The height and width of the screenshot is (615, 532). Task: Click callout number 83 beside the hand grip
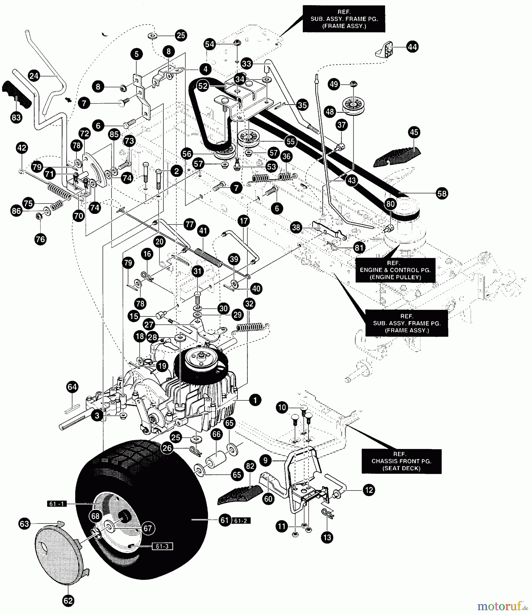pyautogui.click(x=16, y=118)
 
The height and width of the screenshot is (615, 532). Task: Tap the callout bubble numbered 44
pyautogui.click(x=412, y=47)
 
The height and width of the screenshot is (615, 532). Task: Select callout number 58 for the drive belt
pyautogui.click(x=442, y=193)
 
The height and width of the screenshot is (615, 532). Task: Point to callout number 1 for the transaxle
pyautogui.click(x=255, y=400)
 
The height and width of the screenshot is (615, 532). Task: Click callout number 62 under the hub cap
pyautogui.click(x=68, y=601)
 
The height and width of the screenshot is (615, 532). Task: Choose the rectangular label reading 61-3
pyautogui.click(x=162, y=546)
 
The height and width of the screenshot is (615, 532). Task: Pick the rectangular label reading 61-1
pyautogui.click(x=57, y=504)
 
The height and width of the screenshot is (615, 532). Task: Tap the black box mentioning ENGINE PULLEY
pyautogui.click(x=395, y=270)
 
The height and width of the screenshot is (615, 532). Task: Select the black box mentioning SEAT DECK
pyautogui.click(x=401, y=461)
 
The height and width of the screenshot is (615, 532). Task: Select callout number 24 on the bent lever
pyautogui.click(x=34, y=76)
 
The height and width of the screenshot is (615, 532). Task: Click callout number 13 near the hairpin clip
pyautogui.click(x=327, y=537)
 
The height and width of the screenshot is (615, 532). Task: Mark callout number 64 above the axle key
pyautogui.click(x=72, y=387)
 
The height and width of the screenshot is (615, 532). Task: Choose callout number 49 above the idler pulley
pyautogui.click(x=334, y=84)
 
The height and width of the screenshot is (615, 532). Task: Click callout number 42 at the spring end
pyautogui.click(x=22, y=148)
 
